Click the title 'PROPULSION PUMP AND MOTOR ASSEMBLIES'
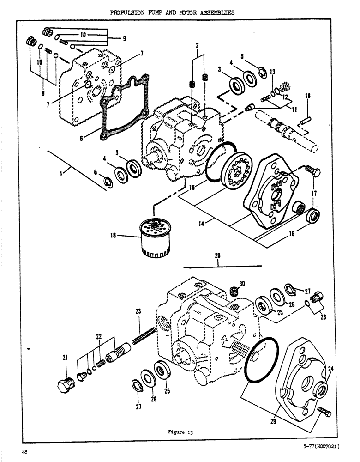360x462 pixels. pyautogui.click(x=172, y=12)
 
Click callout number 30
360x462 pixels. pyautogui.click(x=241, y=284)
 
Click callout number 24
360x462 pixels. pyautogui.click(x=330, y=369)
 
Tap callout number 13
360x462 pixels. pyautogui.click(x=272, y=72)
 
